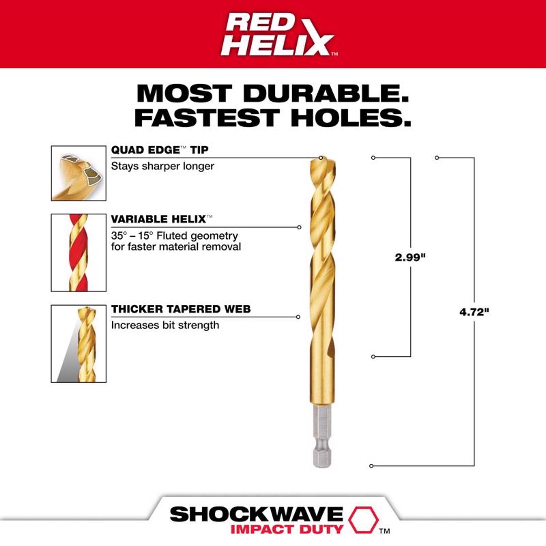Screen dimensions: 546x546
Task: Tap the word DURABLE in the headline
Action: (326, 94)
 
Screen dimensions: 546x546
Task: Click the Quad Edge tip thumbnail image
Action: (79, 173)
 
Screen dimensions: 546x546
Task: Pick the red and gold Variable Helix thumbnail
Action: (79, 253)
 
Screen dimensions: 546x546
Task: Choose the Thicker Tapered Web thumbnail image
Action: (79, 344)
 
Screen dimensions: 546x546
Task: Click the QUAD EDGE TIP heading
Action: (159, 150)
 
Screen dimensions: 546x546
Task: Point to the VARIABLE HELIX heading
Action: (159, 219)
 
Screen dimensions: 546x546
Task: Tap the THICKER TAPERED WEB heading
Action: (181, 309)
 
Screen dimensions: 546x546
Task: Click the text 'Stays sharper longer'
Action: (162, 166)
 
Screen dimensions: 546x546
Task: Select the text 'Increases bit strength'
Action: (165, 325)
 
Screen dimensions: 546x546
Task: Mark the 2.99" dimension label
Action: (410, 257)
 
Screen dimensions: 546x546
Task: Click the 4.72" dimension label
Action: (474, 312)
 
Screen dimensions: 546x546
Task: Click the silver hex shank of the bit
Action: (323, 437)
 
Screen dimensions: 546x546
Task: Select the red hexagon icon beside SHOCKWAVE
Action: (363, 519)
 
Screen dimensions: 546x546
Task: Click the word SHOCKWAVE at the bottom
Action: (256, 514)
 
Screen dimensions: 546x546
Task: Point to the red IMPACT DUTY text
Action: (287, 529)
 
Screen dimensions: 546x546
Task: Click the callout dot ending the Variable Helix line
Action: (299, 227)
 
